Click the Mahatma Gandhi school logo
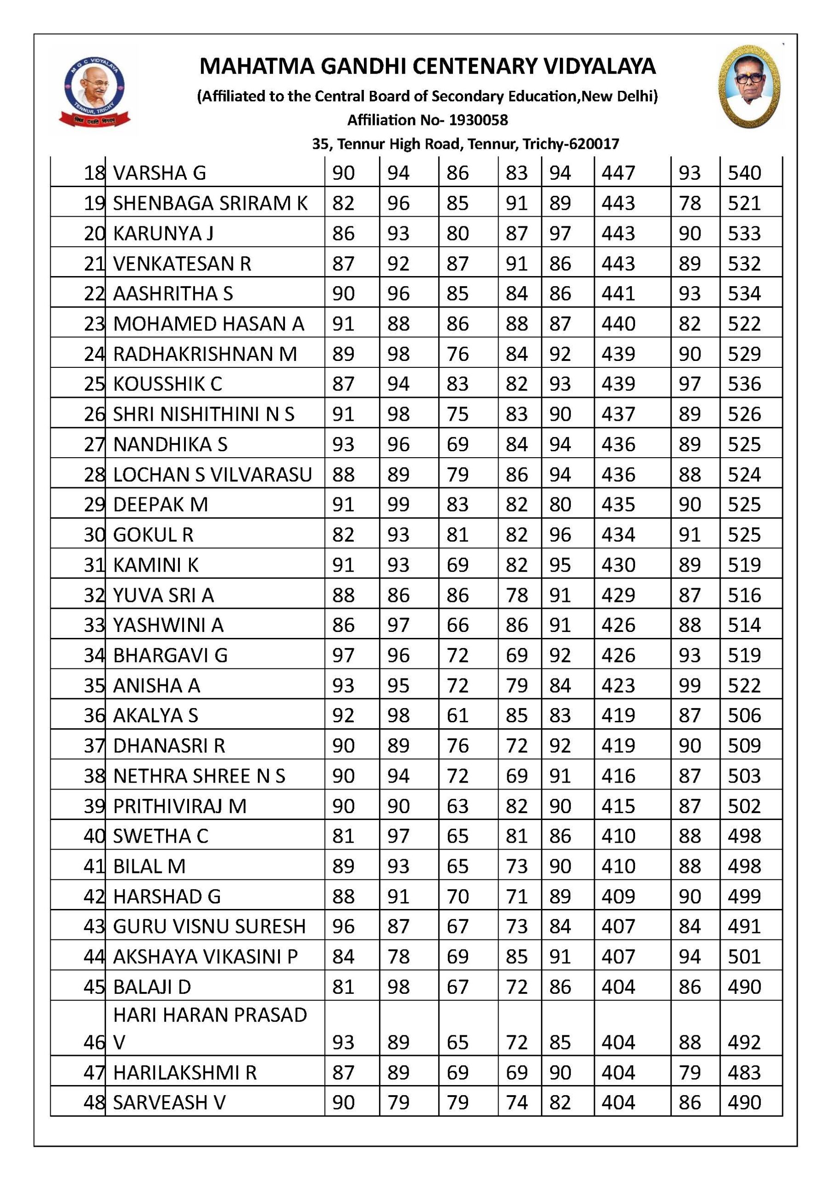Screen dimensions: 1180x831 pyautogui.click(x=94, y=90)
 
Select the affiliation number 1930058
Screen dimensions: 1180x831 pyautogui.click(x=478, y=120)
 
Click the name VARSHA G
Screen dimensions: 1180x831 pyautogui.click(x=160, y=173)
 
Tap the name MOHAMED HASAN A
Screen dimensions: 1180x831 pyautogui.click(x=208, y=324)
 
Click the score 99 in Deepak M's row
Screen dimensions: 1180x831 pyautogui.click(x=398, y=505)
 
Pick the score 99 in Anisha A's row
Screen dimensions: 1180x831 pyautogui.click(x=689, y=685)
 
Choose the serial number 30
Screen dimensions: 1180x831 pyautogui.click(x=94, y=535)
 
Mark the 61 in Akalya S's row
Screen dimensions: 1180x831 pyautogui.click(x=457, y=715)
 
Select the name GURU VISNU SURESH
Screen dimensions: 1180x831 pyautogui.click(x=209, y=926)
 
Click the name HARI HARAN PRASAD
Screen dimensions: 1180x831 pyautogui.click(x=210, y=1015)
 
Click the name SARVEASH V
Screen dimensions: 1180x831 pyautogui.click(x=169, y=1103)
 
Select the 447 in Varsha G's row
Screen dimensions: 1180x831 pyautogui.click(x=618, y=173)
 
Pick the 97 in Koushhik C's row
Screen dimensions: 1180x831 pyautogui.click(x=689, y=384)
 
